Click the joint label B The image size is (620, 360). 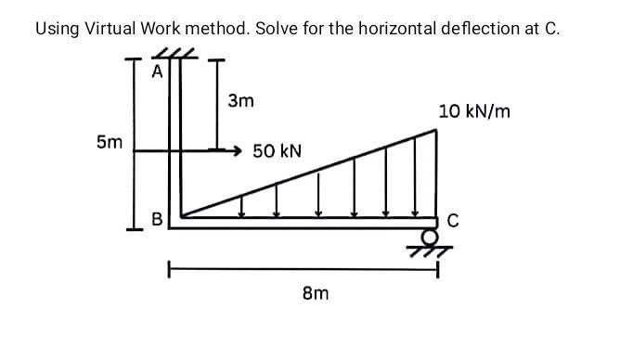157,221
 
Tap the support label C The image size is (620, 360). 453,221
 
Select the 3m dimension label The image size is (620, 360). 240,98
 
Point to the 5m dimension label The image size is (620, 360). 109,143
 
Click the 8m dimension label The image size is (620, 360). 316,293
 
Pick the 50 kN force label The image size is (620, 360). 278,150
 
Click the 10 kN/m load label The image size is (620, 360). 475,111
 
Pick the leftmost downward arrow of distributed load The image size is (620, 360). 242,206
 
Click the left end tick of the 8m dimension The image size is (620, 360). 169,271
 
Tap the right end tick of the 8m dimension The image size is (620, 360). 436,271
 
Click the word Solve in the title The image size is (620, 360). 276,28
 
